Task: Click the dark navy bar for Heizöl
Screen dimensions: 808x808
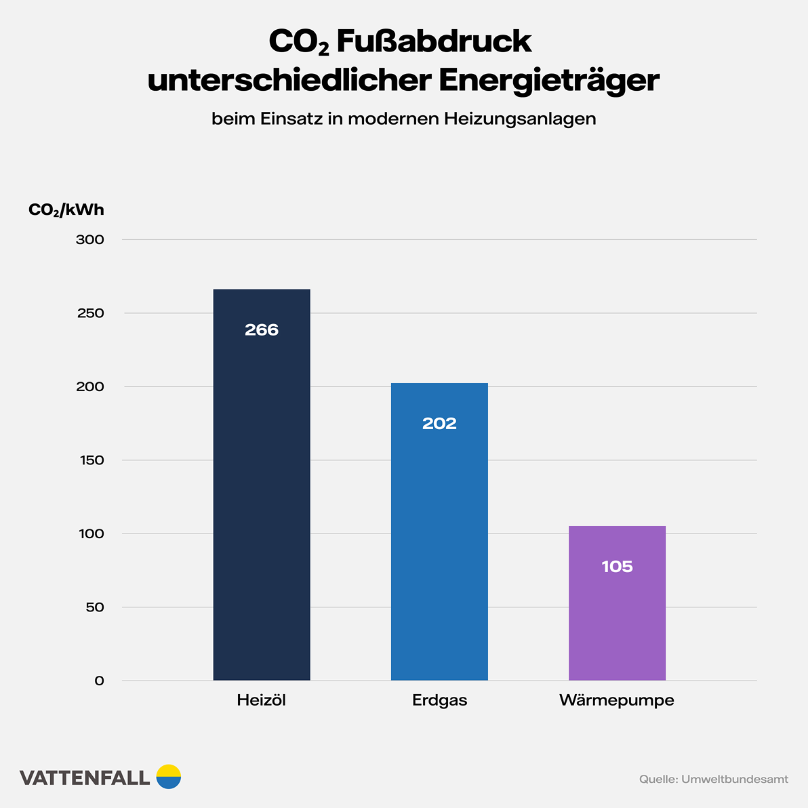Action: point(262,508)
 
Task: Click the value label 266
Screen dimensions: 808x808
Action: point(262,330)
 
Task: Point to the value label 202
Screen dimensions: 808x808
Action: point(439,424)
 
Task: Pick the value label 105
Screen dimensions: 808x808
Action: point(617,567)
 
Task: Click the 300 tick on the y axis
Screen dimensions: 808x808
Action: point(90,240)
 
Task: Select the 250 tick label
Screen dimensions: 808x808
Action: point(90,313)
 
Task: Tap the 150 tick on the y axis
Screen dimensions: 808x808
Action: point(91,460)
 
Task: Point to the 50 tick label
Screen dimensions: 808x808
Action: point(95,607)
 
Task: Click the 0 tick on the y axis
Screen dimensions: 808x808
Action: point(100,681)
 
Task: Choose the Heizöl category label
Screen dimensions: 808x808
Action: point(262,700)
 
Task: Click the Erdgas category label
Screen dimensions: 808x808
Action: point(439,700)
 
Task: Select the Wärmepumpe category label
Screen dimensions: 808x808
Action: point(617,700)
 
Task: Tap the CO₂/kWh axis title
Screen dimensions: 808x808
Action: point(66,210)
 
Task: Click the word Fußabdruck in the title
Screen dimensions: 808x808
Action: point(434,42)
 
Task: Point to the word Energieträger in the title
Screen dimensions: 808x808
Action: point(548,81)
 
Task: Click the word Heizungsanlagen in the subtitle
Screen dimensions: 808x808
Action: point(520,119)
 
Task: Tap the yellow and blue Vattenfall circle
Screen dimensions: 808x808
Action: point(169,777)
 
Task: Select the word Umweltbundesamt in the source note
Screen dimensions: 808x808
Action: point(735,780)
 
